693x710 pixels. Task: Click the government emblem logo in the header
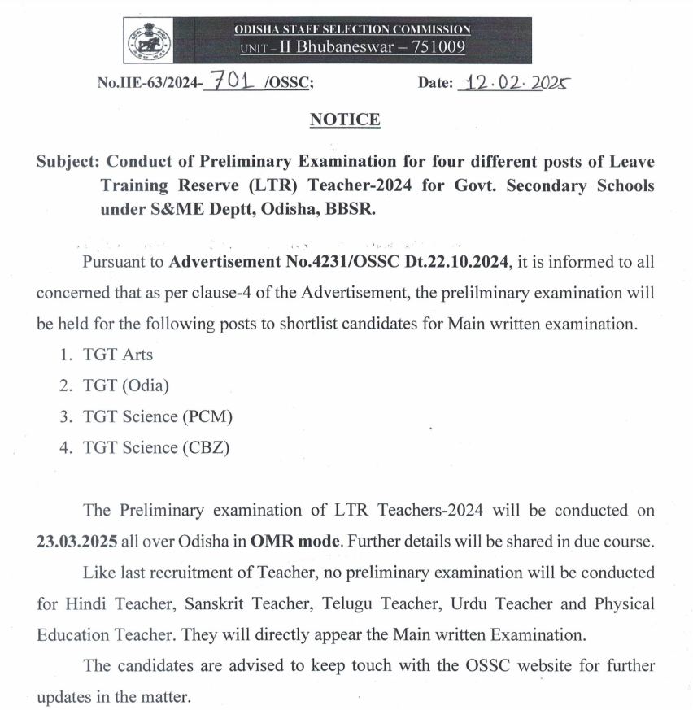pyautogui.click(x=150, y=39)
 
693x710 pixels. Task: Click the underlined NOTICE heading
pyautogui.click(x=345, y=120)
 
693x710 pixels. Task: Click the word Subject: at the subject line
pyautogui.click(x=68, y=162)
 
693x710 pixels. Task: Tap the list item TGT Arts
pyautogui.click(x=117, y=354)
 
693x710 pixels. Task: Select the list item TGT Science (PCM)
pyautogui.click(x=158, y=416)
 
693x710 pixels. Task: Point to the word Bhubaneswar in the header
pyautogui.click(x=328, y=47)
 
